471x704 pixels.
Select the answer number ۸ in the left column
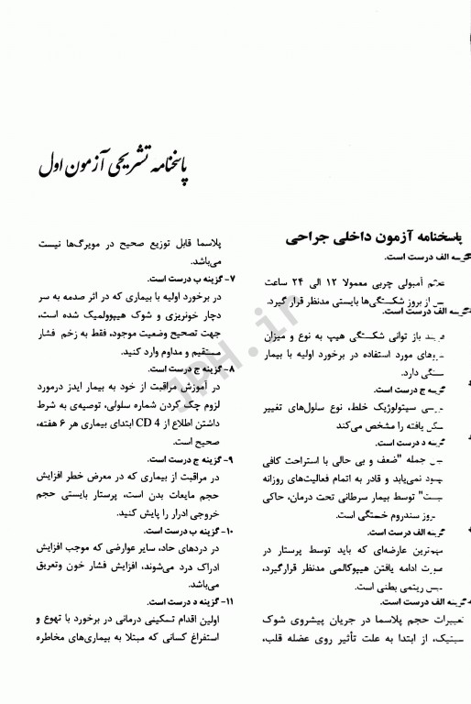(x=231, y=368)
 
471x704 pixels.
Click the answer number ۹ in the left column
(x=231, y=458)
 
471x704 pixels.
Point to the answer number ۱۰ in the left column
(x=230, y=531)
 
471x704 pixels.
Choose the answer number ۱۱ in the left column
(x=229, y=603)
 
